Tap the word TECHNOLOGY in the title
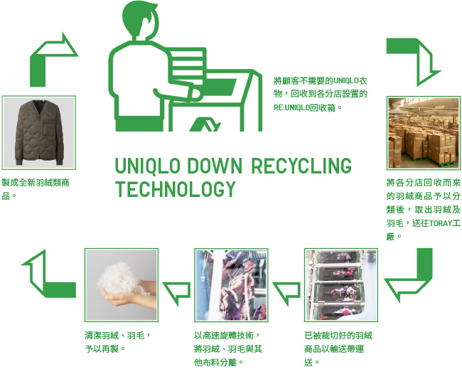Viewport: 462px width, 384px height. tap(175, 190)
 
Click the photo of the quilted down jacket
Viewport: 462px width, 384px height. tap(39, 132)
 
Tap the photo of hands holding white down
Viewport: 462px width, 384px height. tap(122, 285)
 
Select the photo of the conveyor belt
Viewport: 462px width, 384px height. tap(340, 285)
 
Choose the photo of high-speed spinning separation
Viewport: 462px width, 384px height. tap(231, 285)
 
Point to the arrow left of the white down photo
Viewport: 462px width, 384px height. tap(44, 273)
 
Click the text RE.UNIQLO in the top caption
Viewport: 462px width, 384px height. tap(295, 107)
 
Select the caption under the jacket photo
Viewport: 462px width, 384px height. tap(36, 188)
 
